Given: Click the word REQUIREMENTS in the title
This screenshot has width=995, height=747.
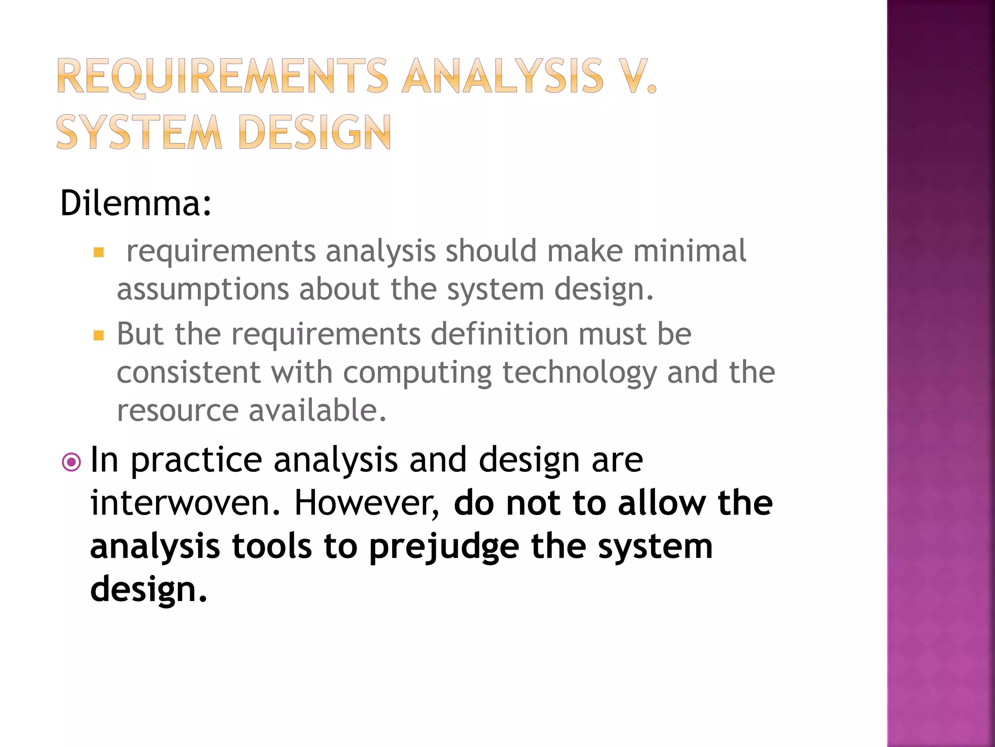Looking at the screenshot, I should coord(222,76).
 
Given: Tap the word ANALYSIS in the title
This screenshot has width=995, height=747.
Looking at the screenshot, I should coord(502,76).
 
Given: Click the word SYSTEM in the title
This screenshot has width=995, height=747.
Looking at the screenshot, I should coord(139,132).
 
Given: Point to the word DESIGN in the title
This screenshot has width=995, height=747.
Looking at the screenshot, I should coord(315,132).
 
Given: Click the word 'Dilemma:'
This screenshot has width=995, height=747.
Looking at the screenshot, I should coord(136,203).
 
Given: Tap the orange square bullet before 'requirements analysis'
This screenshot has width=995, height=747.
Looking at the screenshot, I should coord(99,252).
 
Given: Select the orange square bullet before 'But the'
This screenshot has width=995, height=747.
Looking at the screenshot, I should coord(99,336).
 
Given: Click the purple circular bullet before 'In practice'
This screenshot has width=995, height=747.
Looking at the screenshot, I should coord(72,462).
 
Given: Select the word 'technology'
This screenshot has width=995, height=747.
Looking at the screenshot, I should coord(579,373).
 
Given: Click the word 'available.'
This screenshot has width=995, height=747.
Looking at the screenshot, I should coord(318,411).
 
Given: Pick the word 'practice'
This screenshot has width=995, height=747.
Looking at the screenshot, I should coord(196,461).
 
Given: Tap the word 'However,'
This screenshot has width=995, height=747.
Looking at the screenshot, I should coord(367,504).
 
